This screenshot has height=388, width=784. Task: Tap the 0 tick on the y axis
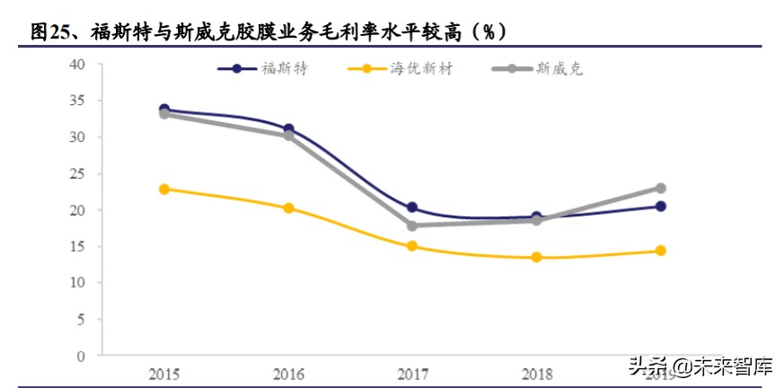tap(82, 356)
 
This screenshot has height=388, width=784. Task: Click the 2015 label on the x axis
tap(164, 373)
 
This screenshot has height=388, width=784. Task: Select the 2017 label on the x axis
tap(412, 373)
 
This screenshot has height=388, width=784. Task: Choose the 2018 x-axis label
tap(536, 373)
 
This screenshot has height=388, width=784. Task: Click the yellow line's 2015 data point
tap(164, 190)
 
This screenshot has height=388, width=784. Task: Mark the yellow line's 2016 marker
tap(288, 208)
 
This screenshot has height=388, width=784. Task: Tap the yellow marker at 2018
tap(536, 258)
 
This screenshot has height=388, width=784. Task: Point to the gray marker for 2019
tap(660, 189)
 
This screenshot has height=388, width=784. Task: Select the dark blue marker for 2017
tap(412, 207)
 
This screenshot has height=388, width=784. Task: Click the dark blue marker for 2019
tap(660, 207)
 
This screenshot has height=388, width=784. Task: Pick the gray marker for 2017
tap(412, 225)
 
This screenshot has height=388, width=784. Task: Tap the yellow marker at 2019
tap(660, 251)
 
